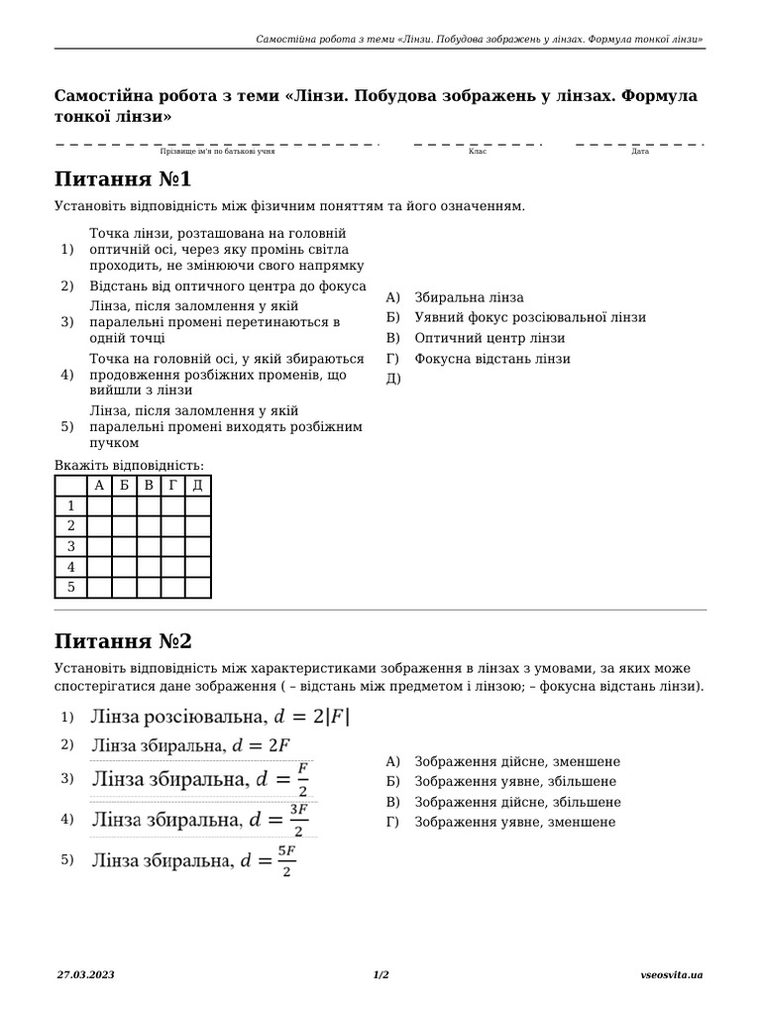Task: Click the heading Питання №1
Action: [x=123, y=179]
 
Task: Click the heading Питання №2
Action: [x=123, y=640]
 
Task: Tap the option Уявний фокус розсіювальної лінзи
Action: [x=530, y=317]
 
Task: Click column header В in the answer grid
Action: [x=149, y=485]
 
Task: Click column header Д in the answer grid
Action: [x=198, y=485]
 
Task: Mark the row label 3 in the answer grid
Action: [x=70, y=546]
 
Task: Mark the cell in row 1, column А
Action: [x=99, y=506]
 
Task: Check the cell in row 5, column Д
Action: [x=198, y=588]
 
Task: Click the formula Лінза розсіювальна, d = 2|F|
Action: [x=220, y=716]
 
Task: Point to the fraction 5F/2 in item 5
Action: [x=285, y=861]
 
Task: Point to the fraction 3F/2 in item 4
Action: [x=296, y=821]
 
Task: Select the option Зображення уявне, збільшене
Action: [x=516, y=782]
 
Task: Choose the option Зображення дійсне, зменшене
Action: [x=517, y=761]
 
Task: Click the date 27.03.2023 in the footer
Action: [x=85, y=975]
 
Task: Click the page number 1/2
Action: [x=380, y=975]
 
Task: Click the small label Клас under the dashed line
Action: [x=478, y=152]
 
